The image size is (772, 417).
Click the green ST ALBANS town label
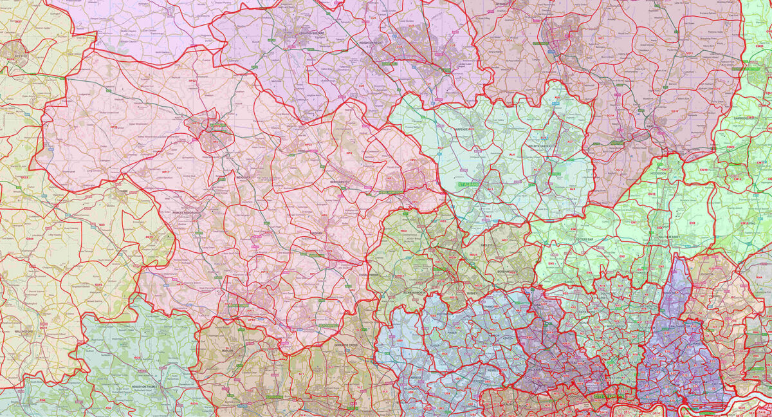(470, 185)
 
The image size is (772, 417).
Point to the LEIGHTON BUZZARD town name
(297, 33)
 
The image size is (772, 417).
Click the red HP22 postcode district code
(191, 98)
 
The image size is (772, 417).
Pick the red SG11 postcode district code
(689, 53)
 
